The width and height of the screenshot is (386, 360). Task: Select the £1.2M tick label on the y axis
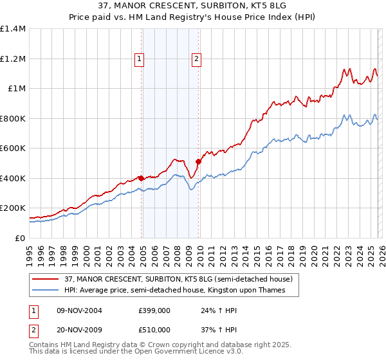(12, 59)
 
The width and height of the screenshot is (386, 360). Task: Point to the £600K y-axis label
(12, 148)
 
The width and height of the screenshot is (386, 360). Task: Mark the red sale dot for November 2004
(141, 179)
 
